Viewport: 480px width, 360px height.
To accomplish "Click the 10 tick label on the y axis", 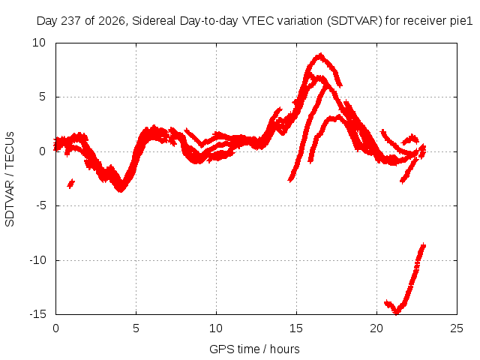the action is tap(39, 43).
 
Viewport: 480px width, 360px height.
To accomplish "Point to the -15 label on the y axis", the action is tap(37, 314).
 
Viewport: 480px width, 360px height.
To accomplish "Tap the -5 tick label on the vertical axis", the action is tap(41, 205).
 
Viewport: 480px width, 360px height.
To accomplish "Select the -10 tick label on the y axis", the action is tap(37, 260).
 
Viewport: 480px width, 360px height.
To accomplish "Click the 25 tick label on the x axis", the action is tap(457, 328).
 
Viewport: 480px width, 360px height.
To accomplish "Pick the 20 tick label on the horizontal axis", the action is tap(376, 328).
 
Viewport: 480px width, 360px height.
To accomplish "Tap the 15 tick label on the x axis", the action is tap(296, 328).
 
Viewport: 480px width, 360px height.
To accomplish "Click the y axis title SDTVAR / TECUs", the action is tap(10, 179).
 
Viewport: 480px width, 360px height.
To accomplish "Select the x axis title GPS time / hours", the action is tap(254, 349).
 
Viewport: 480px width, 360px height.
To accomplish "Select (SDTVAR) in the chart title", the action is tap(355, 21).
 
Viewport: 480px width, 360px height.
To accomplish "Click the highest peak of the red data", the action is tap(320, 55).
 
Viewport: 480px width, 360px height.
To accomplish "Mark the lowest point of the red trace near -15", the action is tap(397, 313).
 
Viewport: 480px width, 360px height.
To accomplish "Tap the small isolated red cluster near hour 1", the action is tap(71, 184).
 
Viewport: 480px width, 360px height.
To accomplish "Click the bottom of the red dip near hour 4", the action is tap(121, 190).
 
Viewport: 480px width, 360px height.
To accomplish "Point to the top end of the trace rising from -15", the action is tap(424, 245).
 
